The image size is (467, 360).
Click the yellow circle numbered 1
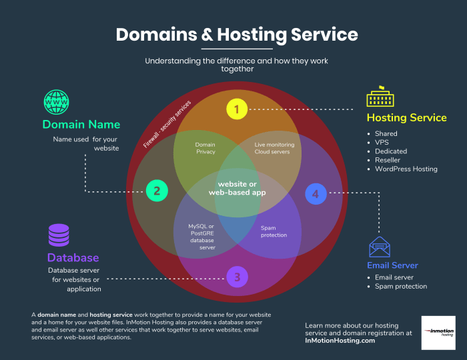[236, 109]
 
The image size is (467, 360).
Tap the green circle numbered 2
[157, 191]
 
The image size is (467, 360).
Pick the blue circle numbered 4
[316, 193]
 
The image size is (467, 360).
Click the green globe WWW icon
[57, 102]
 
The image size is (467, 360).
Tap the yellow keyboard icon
[381, 98]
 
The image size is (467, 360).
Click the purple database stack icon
[58, 235]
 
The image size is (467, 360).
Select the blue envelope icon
[380, 247]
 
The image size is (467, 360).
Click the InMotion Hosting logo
[438, 333]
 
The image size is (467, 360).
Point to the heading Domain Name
[81, 125]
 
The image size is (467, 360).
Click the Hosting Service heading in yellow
[406, 118]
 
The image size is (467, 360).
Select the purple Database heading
[73, 257]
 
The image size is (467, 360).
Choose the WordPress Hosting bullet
[406, 169]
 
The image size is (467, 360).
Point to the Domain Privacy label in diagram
[205, 148]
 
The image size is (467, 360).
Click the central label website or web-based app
[237, 188]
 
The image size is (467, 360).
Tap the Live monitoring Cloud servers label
[274, 148]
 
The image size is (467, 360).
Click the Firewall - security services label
[167, 125]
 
